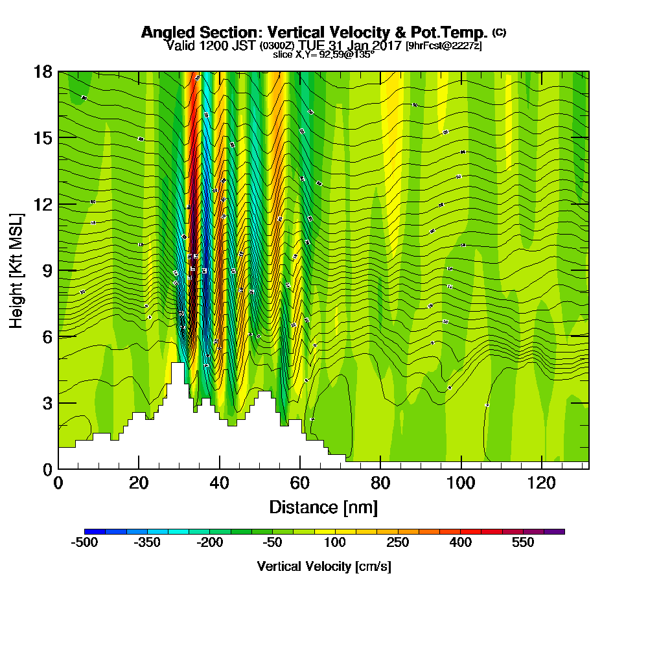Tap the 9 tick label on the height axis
point(47,270)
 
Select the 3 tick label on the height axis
point(47,403)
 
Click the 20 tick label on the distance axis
point(139,483)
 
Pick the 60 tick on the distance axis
point(299,483)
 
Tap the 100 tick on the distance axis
point(461,483)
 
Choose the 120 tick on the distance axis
point(541,483)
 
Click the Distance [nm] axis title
point(323,506)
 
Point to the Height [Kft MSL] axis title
point(17,270)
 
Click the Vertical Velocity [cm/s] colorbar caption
point(323,566)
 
